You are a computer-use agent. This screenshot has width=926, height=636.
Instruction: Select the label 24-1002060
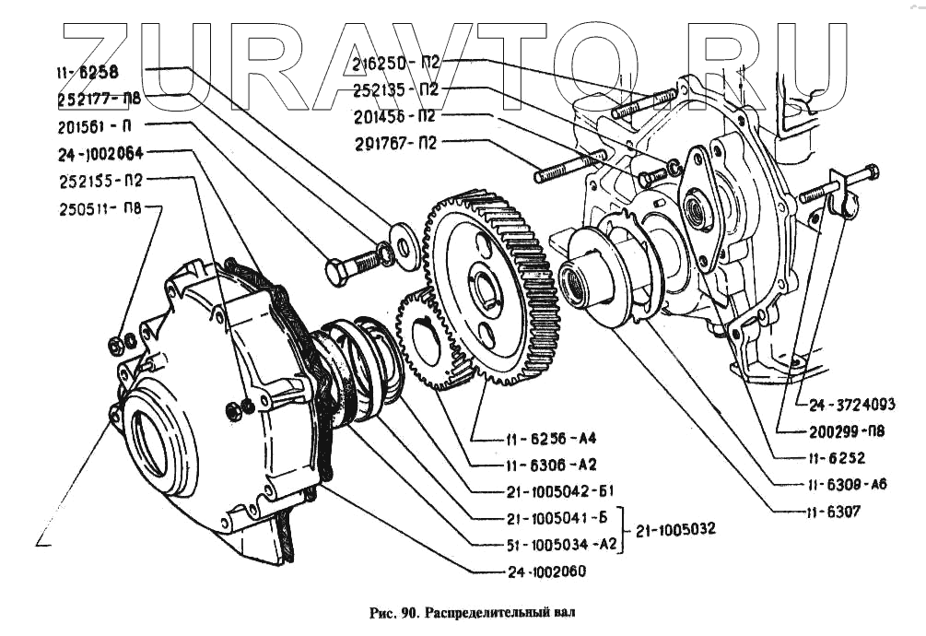(x=545, y=571)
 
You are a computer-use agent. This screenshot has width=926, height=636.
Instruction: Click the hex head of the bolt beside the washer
(x=337, y=272)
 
